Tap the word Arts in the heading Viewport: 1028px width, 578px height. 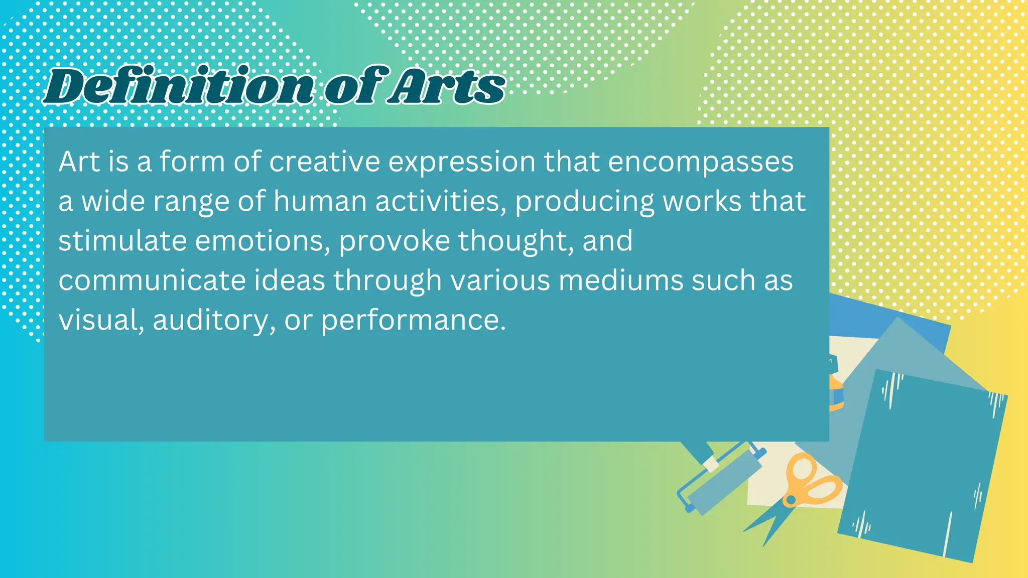pos(447,86)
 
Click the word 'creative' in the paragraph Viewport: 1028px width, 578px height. pos(324,162)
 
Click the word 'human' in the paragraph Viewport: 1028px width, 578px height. pos(320,201)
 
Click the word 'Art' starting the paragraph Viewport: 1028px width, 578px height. pos(79,162)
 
